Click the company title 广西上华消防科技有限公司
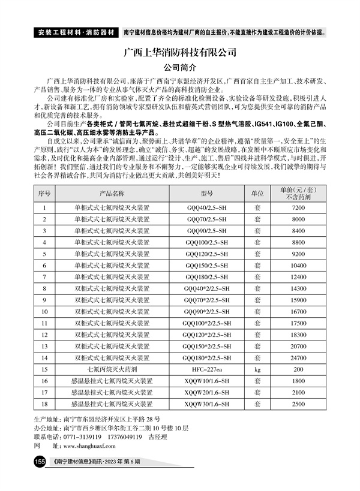[x=180, y=52]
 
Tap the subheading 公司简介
[x=180, y=67]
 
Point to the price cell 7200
[x=298, y=207]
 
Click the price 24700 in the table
[x=298, y=357]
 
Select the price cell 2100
[x=298, y=392]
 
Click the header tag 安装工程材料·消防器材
[x=74, y=31]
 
